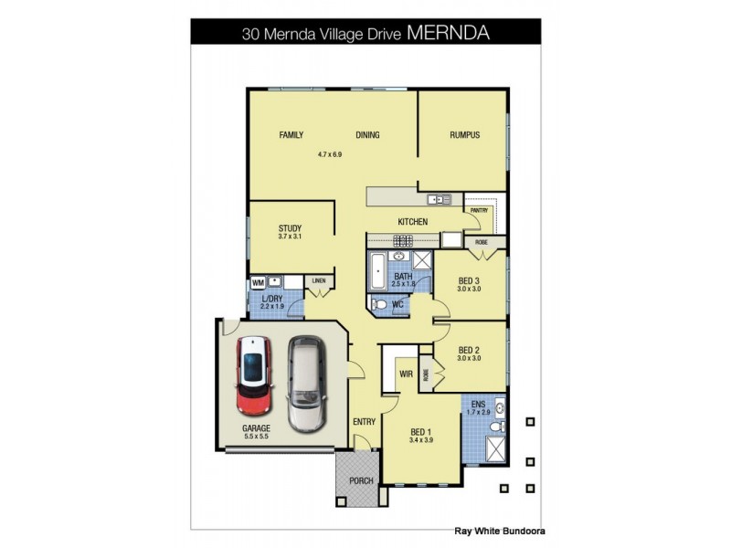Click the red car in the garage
point(256,375)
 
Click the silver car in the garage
point(306,384)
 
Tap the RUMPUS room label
point(464,135)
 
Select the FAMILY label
point(291,135)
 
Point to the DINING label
point(367,135)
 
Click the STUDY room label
point(291,228)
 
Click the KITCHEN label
point(412,222)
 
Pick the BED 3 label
point(469,280)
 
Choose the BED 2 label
point(469,349)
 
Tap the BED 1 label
point(421,431)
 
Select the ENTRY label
point(364,421)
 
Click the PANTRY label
point(480,210)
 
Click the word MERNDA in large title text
point(448,33)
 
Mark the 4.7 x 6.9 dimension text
point(329,154)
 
